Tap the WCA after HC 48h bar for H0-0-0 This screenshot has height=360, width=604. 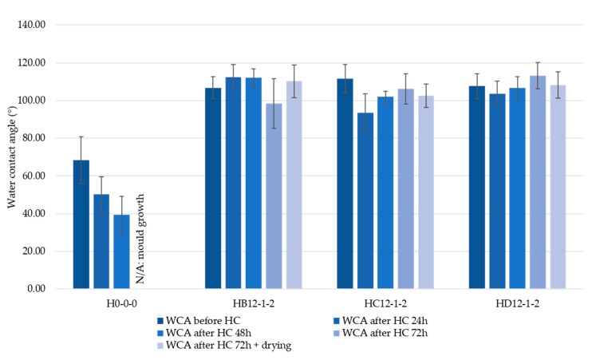121,251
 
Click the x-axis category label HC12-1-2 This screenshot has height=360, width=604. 386,304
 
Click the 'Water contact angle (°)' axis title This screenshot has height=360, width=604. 12,157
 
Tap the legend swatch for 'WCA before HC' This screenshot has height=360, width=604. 160,320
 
